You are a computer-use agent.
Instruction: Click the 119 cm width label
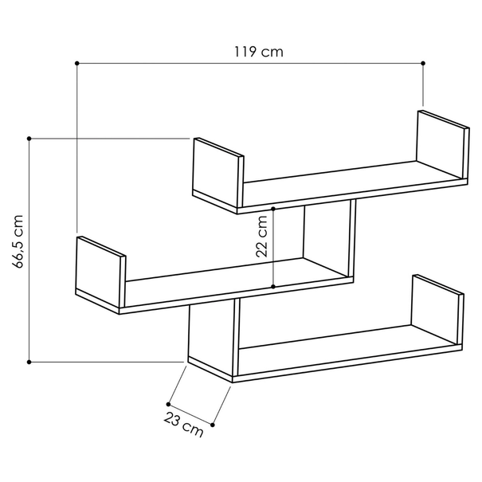coord(258,52)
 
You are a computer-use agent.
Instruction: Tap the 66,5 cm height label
coord(18,241)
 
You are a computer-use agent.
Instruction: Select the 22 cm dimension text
coord(261,237)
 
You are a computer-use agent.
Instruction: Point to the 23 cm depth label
coord(183,425)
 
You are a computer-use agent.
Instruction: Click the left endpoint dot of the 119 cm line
coord(77,63)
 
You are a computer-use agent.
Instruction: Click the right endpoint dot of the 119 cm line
coord(423,63)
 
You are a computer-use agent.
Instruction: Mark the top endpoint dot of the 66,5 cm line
coord(29,139)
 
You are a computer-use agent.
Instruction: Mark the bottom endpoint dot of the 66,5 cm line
coord(29,362)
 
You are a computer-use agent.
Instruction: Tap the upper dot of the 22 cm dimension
coord(273,209)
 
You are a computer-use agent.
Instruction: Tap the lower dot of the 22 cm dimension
coord(273,287)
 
